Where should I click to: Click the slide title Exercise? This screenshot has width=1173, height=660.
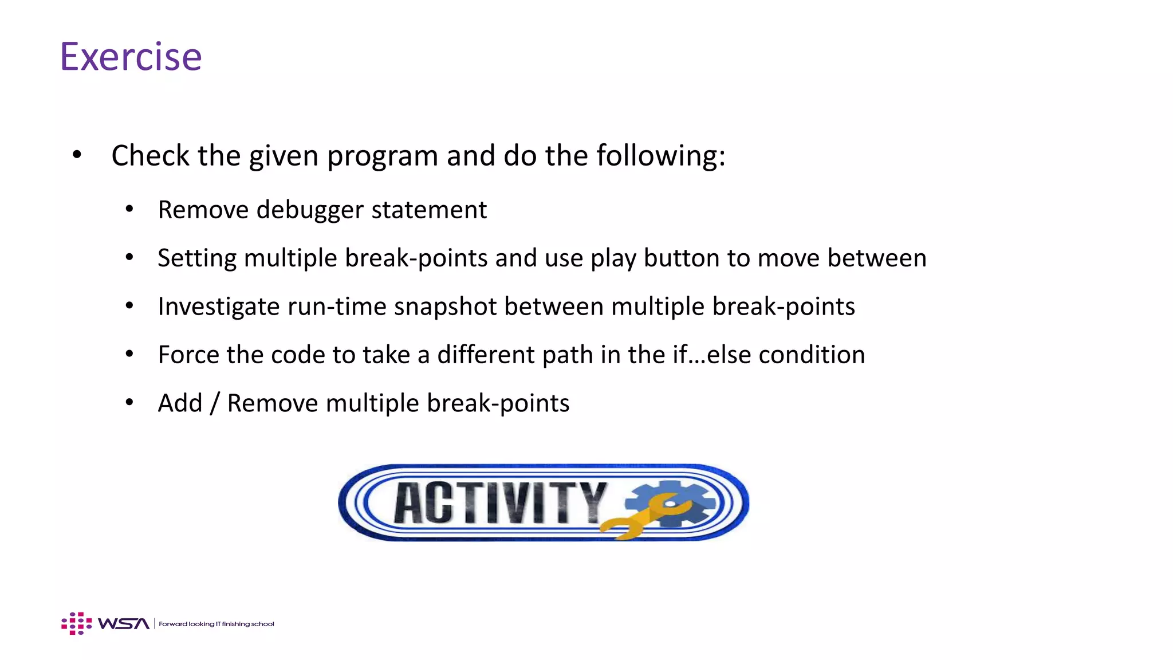(x=131, y=57)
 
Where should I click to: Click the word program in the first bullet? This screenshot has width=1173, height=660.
(x=382, y=156)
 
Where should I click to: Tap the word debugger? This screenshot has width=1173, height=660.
(x=310, y=210)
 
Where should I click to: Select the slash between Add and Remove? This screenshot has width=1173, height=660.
(x=214, y=403)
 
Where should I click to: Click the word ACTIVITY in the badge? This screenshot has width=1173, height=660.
(x=499, y=502)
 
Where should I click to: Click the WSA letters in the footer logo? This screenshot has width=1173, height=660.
(x=124, y=624)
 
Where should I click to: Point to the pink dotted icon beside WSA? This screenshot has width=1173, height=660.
(x=76, y=623)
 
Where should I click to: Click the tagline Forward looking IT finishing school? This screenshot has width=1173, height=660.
(x=216, y=624)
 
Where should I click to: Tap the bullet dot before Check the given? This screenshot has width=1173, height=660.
(x=77, y=155)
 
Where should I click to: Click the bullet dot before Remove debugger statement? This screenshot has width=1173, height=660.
(x=129, y=210)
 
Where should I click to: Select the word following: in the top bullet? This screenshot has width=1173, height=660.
(x=661, y=156)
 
